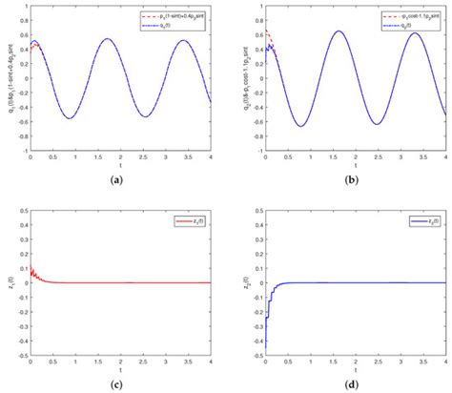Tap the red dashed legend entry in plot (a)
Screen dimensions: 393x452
[175, 17]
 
